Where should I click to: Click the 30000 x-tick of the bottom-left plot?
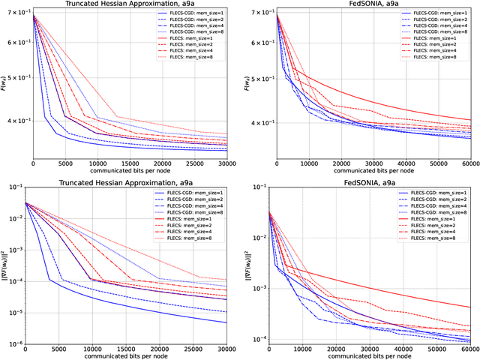tap(224, 351)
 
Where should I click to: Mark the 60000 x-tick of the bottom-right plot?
tap(469, 351)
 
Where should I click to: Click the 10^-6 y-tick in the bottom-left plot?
tap(13, 343)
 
